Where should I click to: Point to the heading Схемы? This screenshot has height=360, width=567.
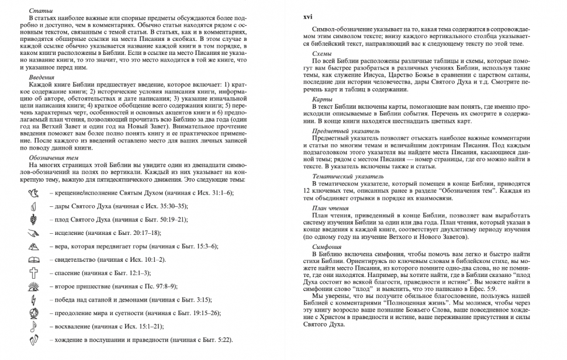322,53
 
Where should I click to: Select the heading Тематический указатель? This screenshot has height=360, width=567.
349,176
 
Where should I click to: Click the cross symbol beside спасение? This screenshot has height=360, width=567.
34,272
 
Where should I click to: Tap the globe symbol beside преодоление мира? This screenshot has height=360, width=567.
34,313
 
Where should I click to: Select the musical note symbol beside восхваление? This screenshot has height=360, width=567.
33,326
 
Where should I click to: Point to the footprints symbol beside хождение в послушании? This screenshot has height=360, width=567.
33,340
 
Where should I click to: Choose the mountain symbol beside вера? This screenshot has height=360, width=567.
34,245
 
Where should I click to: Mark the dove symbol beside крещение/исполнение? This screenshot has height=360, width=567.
33,192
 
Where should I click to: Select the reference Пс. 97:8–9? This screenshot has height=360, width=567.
157,286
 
